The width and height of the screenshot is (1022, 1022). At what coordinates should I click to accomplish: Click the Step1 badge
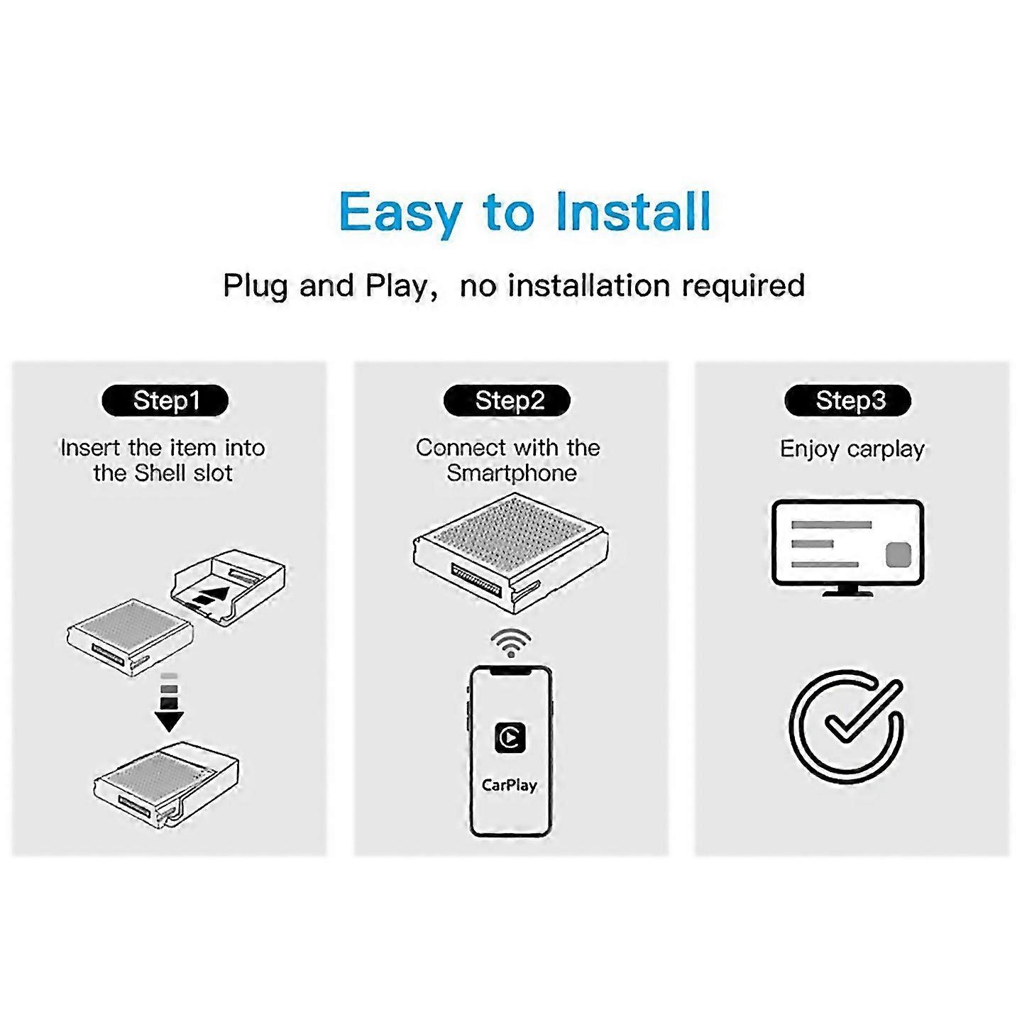165,400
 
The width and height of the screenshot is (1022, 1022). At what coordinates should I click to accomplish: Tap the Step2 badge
507,400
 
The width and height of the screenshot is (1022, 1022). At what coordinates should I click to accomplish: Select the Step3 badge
848,400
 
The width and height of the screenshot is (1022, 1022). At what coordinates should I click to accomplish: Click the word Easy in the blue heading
400,212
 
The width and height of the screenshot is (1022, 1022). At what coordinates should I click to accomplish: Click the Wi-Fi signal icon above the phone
510,643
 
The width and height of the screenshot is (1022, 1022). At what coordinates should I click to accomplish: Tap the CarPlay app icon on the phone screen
510,737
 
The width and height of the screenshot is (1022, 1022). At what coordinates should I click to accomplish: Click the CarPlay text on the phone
510,785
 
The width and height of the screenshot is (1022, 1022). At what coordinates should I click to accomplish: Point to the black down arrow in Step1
169,717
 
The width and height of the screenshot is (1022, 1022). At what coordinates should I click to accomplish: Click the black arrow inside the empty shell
213,595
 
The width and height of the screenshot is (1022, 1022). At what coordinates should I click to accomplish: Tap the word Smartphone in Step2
512,473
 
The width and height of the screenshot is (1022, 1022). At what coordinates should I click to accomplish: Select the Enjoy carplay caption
852,449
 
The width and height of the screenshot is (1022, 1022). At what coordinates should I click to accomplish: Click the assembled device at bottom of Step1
166,784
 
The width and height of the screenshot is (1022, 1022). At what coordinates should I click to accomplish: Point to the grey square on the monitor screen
898,554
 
